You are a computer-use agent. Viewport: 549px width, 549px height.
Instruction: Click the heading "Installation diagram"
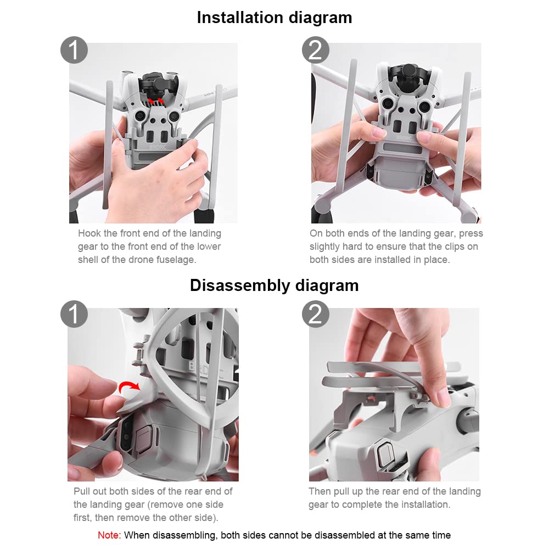[x=274, y=18]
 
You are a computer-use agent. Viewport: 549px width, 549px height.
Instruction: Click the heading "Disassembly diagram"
[x=274, y=285]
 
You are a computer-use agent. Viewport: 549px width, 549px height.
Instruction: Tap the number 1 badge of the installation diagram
[x=74, y=50]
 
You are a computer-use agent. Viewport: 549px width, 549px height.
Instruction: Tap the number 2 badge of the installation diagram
[x=316, y=50]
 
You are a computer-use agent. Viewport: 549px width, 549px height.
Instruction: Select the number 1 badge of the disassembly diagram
[x=74, y=313]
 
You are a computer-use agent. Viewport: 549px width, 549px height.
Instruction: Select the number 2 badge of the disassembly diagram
[x=316, y=313]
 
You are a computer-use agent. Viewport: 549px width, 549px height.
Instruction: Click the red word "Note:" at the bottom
[x=109, y=535]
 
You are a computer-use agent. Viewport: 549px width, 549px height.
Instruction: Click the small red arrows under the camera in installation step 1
[x=156, y=102]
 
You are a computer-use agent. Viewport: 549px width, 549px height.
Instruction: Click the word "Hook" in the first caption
[x=89, y=233]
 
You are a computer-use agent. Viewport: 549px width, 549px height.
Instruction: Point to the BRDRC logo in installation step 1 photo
[x=158, y=147]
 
